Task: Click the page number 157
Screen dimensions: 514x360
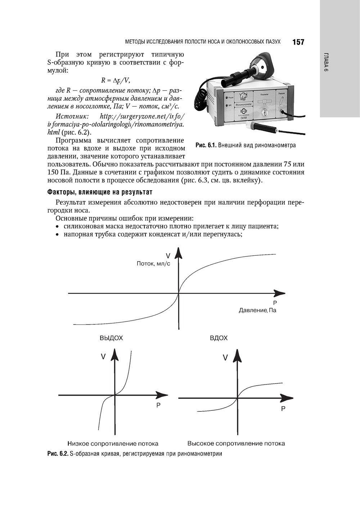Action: click(298, 42)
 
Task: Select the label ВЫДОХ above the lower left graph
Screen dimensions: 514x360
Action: click(111, 338)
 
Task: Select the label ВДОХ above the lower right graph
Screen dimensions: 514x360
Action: click(219, 338)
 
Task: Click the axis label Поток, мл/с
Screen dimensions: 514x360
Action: click(153, 264)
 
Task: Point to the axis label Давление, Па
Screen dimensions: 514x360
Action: click(257, 310)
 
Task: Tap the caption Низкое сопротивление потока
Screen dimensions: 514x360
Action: click(113, 444)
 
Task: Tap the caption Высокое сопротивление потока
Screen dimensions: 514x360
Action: click(236, 444)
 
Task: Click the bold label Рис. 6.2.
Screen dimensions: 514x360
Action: click(58, 454)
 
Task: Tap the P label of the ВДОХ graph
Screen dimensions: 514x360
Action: click(283, 409)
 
